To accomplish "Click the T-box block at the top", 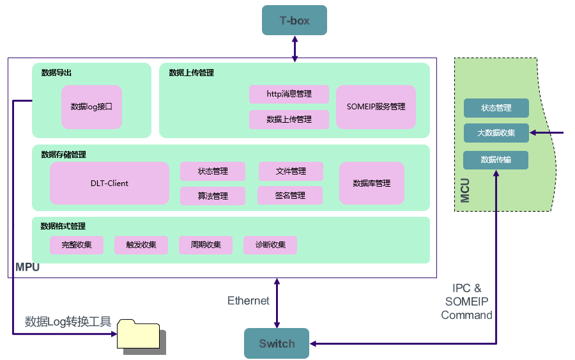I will coord(295,20).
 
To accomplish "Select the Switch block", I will coord(277,343).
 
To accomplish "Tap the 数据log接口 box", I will coord(91,107).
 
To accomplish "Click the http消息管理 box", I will coord(289,94).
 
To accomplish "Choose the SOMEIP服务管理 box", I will coord(376,107).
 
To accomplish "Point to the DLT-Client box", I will coord(109,184).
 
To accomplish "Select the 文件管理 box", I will coord(291,171).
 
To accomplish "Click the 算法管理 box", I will coord(213,196).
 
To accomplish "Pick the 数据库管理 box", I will coord(371,184).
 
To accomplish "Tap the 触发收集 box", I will coord(141,245).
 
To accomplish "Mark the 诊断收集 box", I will coord(270,245).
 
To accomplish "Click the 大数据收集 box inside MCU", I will coord(496,133).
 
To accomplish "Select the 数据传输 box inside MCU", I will coord(496,160).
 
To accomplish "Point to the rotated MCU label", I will coord(465,191).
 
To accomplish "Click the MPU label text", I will coord(27,267).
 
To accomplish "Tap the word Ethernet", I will coord(249,301).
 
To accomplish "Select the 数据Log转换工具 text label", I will coord(68,322).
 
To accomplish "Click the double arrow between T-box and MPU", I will coord(295,49).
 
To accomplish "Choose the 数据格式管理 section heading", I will coord(63,226).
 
